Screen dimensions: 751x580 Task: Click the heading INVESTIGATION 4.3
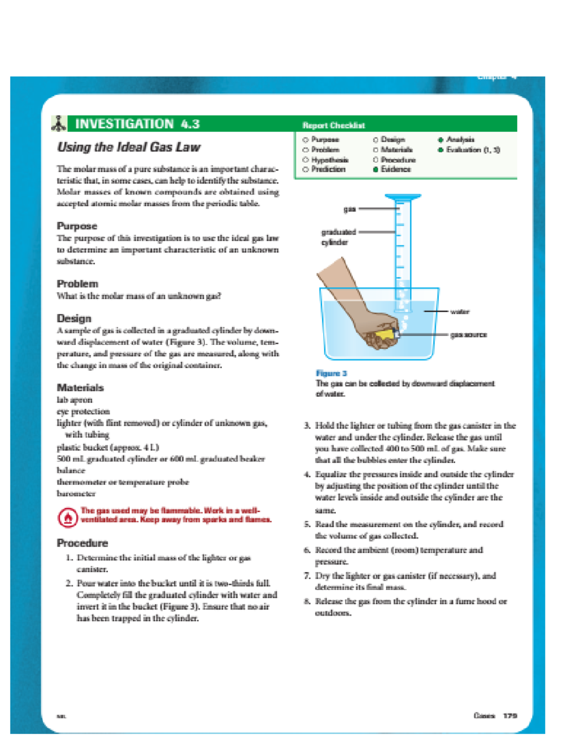coord(137,124)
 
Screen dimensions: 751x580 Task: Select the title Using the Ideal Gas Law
coord(129,147)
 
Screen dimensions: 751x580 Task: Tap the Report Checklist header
coord(333,125)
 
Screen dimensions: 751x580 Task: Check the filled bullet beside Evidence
coord(376,170)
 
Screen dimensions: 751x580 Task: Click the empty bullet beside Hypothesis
coord(305,160)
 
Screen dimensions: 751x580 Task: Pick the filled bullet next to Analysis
coord(440,140)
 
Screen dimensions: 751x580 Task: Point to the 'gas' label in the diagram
coord(349,209)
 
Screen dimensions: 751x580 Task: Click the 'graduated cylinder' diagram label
coord(338,237)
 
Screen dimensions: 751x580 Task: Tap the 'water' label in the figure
coord(460,311)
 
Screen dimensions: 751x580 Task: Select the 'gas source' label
coord(468,335)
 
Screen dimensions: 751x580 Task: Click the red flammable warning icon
coord(68,517)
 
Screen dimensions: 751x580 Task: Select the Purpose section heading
coord(77,226)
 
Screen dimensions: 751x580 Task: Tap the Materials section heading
coord(80,387)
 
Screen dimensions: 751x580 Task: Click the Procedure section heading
coord(82,543)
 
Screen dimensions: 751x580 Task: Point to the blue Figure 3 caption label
coord(331,373)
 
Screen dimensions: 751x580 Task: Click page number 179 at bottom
coord(510,715)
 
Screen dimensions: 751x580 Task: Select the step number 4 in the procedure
coord(307,474)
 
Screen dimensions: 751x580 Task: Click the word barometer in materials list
coord(76,494)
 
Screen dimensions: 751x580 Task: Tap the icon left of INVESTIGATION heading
coord(58,124)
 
